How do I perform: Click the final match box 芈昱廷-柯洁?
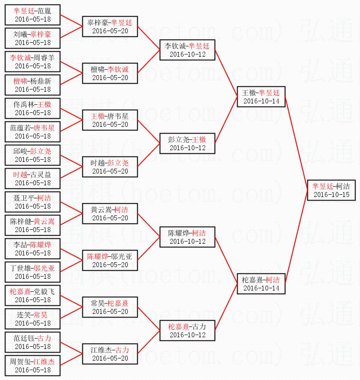point(331,190)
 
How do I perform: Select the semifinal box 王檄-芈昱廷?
point(261,97)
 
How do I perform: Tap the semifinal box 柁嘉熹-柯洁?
point(261,284)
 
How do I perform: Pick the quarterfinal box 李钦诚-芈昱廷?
point(187,49)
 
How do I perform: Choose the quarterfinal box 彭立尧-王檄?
point(187,143)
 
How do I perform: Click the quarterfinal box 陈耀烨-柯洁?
point(187,237)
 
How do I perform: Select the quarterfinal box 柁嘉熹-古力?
point(187,331)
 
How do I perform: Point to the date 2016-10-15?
point(331,195)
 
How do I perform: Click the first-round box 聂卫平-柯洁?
point(32,201)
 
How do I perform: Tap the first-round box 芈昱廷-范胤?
point(32,14)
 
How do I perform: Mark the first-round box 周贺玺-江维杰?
point(32,365)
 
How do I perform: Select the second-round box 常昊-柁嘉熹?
point(110,307)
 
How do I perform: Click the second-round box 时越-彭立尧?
point(110,166)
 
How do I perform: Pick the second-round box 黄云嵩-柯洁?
point(110,213)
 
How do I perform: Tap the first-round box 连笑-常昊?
point(32,318)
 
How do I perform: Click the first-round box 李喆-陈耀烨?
point(32,248)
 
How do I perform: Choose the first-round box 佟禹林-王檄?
point(32,108)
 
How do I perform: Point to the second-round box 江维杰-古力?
point(110,354)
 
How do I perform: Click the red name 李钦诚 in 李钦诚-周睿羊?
point(20,57)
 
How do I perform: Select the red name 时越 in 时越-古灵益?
point(20,174)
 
